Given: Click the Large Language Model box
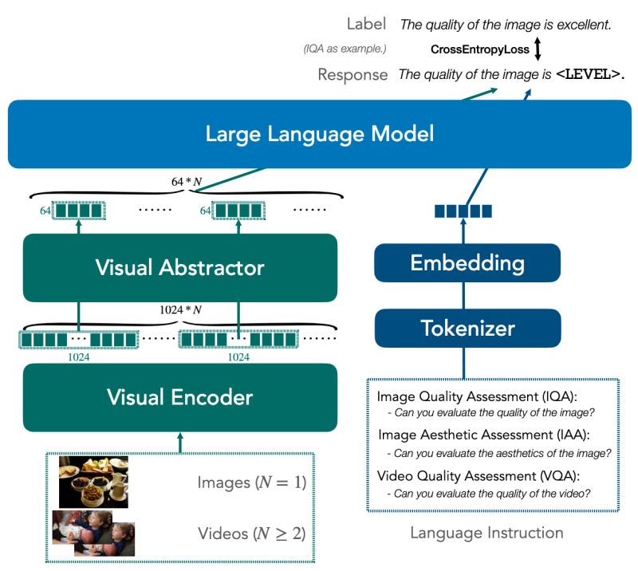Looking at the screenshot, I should coord(319,133).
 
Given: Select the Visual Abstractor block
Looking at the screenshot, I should coord(179,267).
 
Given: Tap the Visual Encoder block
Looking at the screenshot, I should coord(179,396).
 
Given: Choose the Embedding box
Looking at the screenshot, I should coord(467,262).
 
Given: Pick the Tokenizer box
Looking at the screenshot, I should coord(467,327).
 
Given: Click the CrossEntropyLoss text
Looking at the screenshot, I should coord(479,49).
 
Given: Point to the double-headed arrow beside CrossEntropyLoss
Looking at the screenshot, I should coord(538,49).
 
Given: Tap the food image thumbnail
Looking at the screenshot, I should coord(93,482).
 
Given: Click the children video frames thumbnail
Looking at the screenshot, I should coord(93,532).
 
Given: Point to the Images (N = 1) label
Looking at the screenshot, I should coord(251,482).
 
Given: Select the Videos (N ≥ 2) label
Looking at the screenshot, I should coord(251,533).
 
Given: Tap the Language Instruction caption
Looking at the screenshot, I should coord(486,532).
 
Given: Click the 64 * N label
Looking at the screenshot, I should coord(187,181).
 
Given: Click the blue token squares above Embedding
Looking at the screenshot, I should coord(463,211).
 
